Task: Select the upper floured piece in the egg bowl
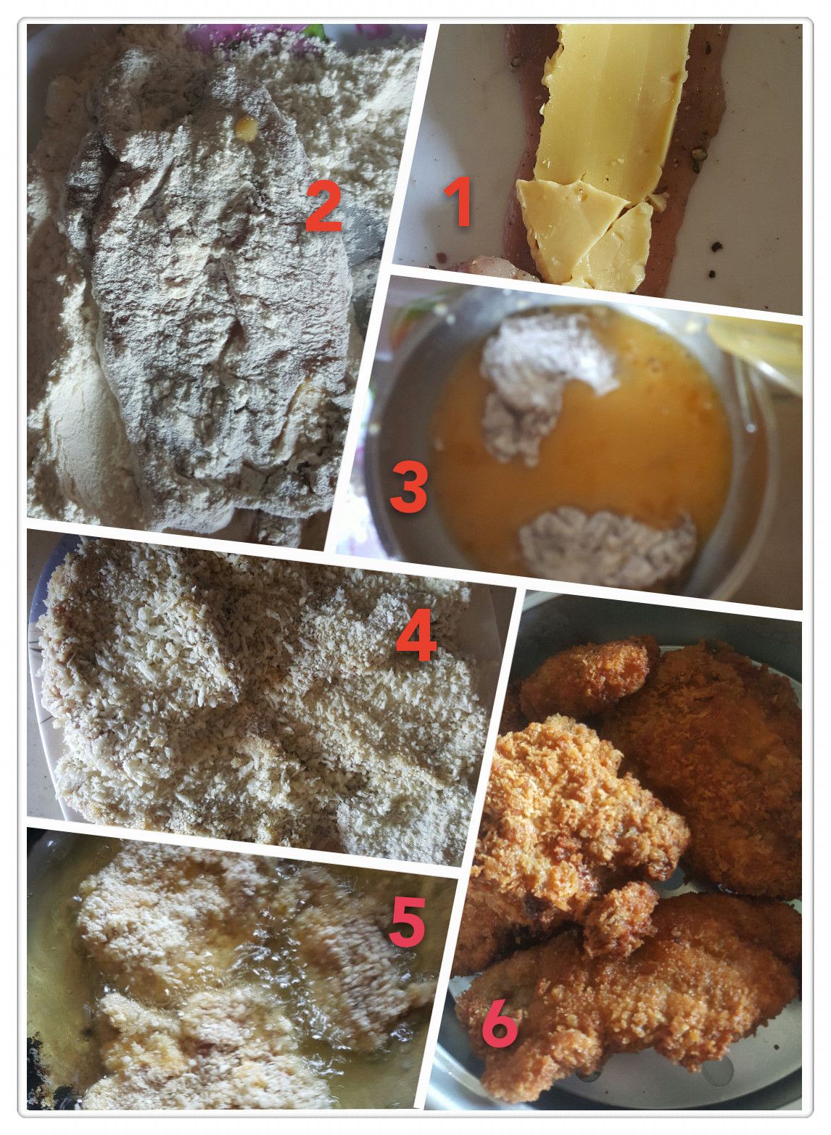pos(542,380)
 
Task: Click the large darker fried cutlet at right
pos(715,760)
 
